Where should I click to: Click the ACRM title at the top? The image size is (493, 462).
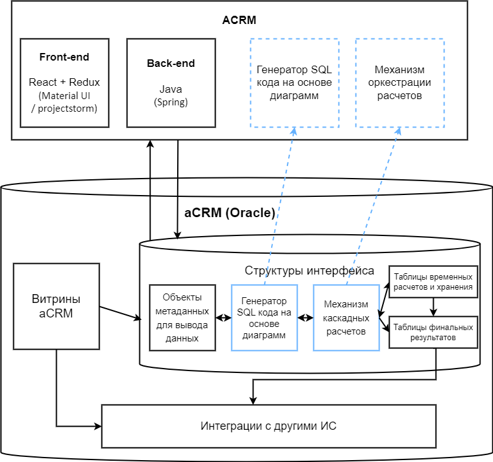[240, 20]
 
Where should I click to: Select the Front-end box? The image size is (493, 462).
[64, 83]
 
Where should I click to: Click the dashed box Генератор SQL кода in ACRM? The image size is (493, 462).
[294, 83]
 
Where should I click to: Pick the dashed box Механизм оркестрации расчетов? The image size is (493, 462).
[400, 83]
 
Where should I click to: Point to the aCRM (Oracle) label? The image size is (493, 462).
[229, 213]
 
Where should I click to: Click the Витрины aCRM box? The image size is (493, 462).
[56, 306]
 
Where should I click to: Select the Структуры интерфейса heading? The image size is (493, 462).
[309, 271]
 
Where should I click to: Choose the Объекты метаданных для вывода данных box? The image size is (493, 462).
[182, 317]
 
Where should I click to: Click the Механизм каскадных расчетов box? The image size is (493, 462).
[346, 317]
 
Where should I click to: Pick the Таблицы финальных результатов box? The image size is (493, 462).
[432, 332]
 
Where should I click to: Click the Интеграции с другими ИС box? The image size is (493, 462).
[269, 426]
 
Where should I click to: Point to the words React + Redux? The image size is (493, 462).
[64, 82]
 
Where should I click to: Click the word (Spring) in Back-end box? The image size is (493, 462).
[171, 102]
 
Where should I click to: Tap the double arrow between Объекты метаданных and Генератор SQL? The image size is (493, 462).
[223, 317]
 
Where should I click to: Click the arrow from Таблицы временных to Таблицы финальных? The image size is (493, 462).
[433, 307]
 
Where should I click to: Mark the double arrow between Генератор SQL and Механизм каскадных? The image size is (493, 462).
[305, 317]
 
